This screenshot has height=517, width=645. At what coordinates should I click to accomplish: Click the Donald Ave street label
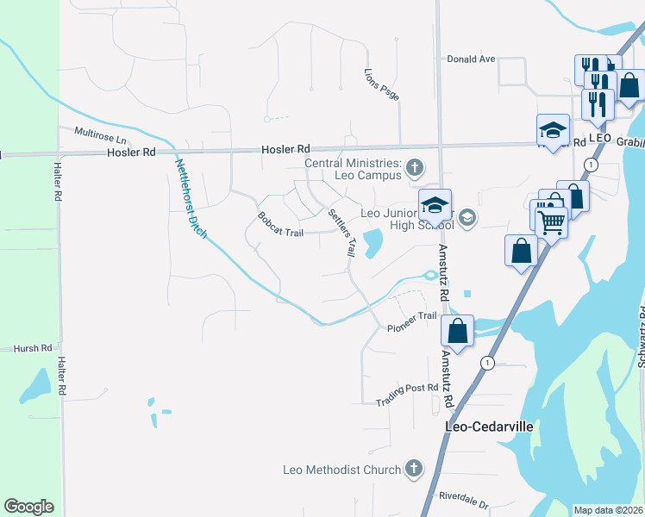(471, 59)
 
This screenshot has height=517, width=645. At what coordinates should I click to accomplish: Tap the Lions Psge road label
(382, 83)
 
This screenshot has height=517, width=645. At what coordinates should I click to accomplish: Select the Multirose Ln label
(100, 135)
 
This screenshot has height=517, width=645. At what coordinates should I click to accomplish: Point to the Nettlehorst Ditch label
(191, 198)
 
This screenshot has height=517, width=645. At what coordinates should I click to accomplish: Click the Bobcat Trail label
(280, 222)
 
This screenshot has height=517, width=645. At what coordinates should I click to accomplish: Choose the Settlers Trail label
(341, 232)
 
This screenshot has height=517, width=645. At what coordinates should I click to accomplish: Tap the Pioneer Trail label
(412, 322)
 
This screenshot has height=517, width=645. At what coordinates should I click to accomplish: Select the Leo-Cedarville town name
(489, 427)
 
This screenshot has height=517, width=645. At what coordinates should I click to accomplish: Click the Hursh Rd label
(34, 349)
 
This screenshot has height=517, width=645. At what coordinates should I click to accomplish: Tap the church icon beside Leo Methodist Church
(414, 470)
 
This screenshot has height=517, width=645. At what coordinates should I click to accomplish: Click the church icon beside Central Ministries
(415, 167)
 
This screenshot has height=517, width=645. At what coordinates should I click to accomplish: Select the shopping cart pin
(551, 222)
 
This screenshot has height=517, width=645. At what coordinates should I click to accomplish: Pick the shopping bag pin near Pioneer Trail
(457, 330)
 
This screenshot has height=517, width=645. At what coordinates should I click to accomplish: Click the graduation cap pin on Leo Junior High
(435, 205)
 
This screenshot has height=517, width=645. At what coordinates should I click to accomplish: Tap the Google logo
(28, 507)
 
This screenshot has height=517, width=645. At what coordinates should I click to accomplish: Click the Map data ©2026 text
(609, 510)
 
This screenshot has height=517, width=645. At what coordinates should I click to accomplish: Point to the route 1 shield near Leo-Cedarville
(488, 362)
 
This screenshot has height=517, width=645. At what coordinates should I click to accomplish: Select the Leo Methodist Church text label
(342, 470)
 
